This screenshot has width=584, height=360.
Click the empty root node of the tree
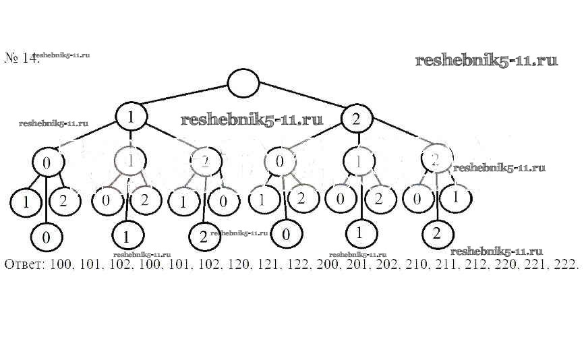coord(243,84)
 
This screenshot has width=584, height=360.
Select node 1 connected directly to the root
coord(132,118)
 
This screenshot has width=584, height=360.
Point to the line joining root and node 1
coord(182,100)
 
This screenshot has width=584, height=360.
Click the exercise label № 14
coord(22,58)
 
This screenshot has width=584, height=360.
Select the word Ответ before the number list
coord(24,263)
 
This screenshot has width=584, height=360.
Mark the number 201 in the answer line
coord(355,263)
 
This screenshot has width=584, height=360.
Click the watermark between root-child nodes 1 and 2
coord(252,120)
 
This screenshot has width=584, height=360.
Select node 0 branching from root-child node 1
coord(47,163)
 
